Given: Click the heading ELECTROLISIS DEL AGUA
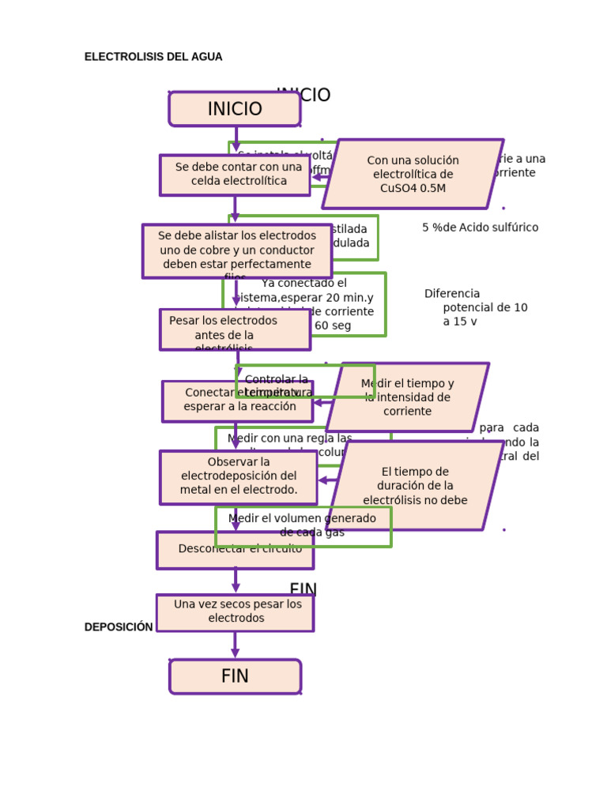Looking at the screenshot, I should click(x=153, y=57).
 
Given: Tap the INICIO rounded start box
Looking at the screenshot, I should click(x=235, y=109).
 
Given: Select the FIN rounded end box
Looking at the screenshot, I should click(x=235, y=676).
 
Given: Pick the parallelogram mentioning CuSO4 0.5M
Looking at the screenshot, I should click(x=413, y=174).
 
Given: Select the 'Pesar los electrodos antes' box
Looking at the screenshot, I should click(x=235, y=329).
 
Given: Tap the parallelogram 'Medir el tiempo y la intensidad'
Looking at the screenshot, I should click(x=408, y=397).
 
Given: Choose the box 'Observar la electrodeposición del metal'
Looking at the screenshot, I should click(x=239, y=477).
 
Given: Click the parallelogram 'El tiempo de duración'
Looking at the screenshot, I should click(x=416, y=486).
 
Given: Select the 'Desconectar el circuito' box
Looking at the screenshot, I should click(x=235, y=551).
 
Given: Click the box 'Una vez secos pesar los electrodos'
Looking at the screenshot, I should click(x=235, y=612).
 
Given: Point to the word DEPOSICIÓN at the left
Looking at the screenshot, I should click(x=119, y=627).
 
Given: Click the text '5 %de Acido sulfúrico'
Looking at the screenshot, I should click(x=480, y=228).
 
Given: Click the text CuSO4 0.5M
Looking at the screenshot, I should click(x=413, y=188).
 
